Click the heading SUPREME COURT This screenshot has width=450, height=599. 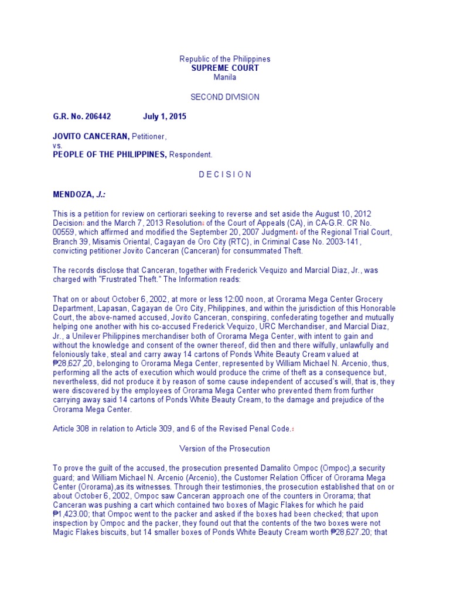(x=224, y=68)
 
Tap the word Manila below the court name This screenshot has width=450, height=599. (x=224, y=77)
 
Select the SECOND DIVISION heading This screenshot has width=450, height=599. (x=224, y=97)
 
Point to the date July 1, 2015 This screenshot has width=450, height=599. (x=165, y=116)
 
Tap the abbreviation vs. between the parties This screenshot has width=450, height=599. (x=57, y=146)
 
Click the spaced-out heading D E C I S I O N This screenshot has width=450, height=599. (x=224, y=174)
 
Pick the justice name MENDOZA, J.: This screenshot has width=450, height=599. (x=76, y=194)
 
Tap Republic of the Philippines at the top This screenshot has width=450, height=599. (x=224, y=59)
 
